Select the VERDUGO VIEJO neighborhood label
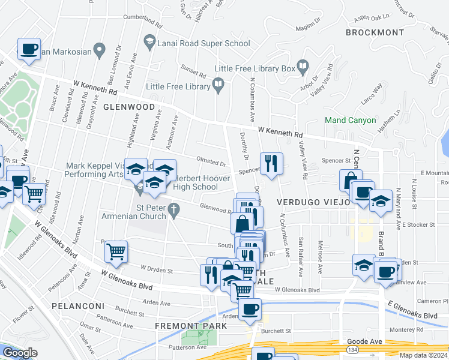pos(313,202)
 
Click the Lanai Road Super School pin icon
pos(149,43)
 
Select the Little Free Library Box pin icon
pos(304,68)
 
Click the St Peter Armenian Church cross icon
pos(173,210)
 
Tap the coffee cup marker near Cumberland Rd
pos(29,49)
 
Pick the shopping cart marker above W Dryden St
pos(116,252)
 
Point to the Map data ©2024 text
pos(423,355)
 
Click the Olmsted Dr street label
pos(211,161)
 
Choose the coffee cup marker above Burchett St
pos(250,310)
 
